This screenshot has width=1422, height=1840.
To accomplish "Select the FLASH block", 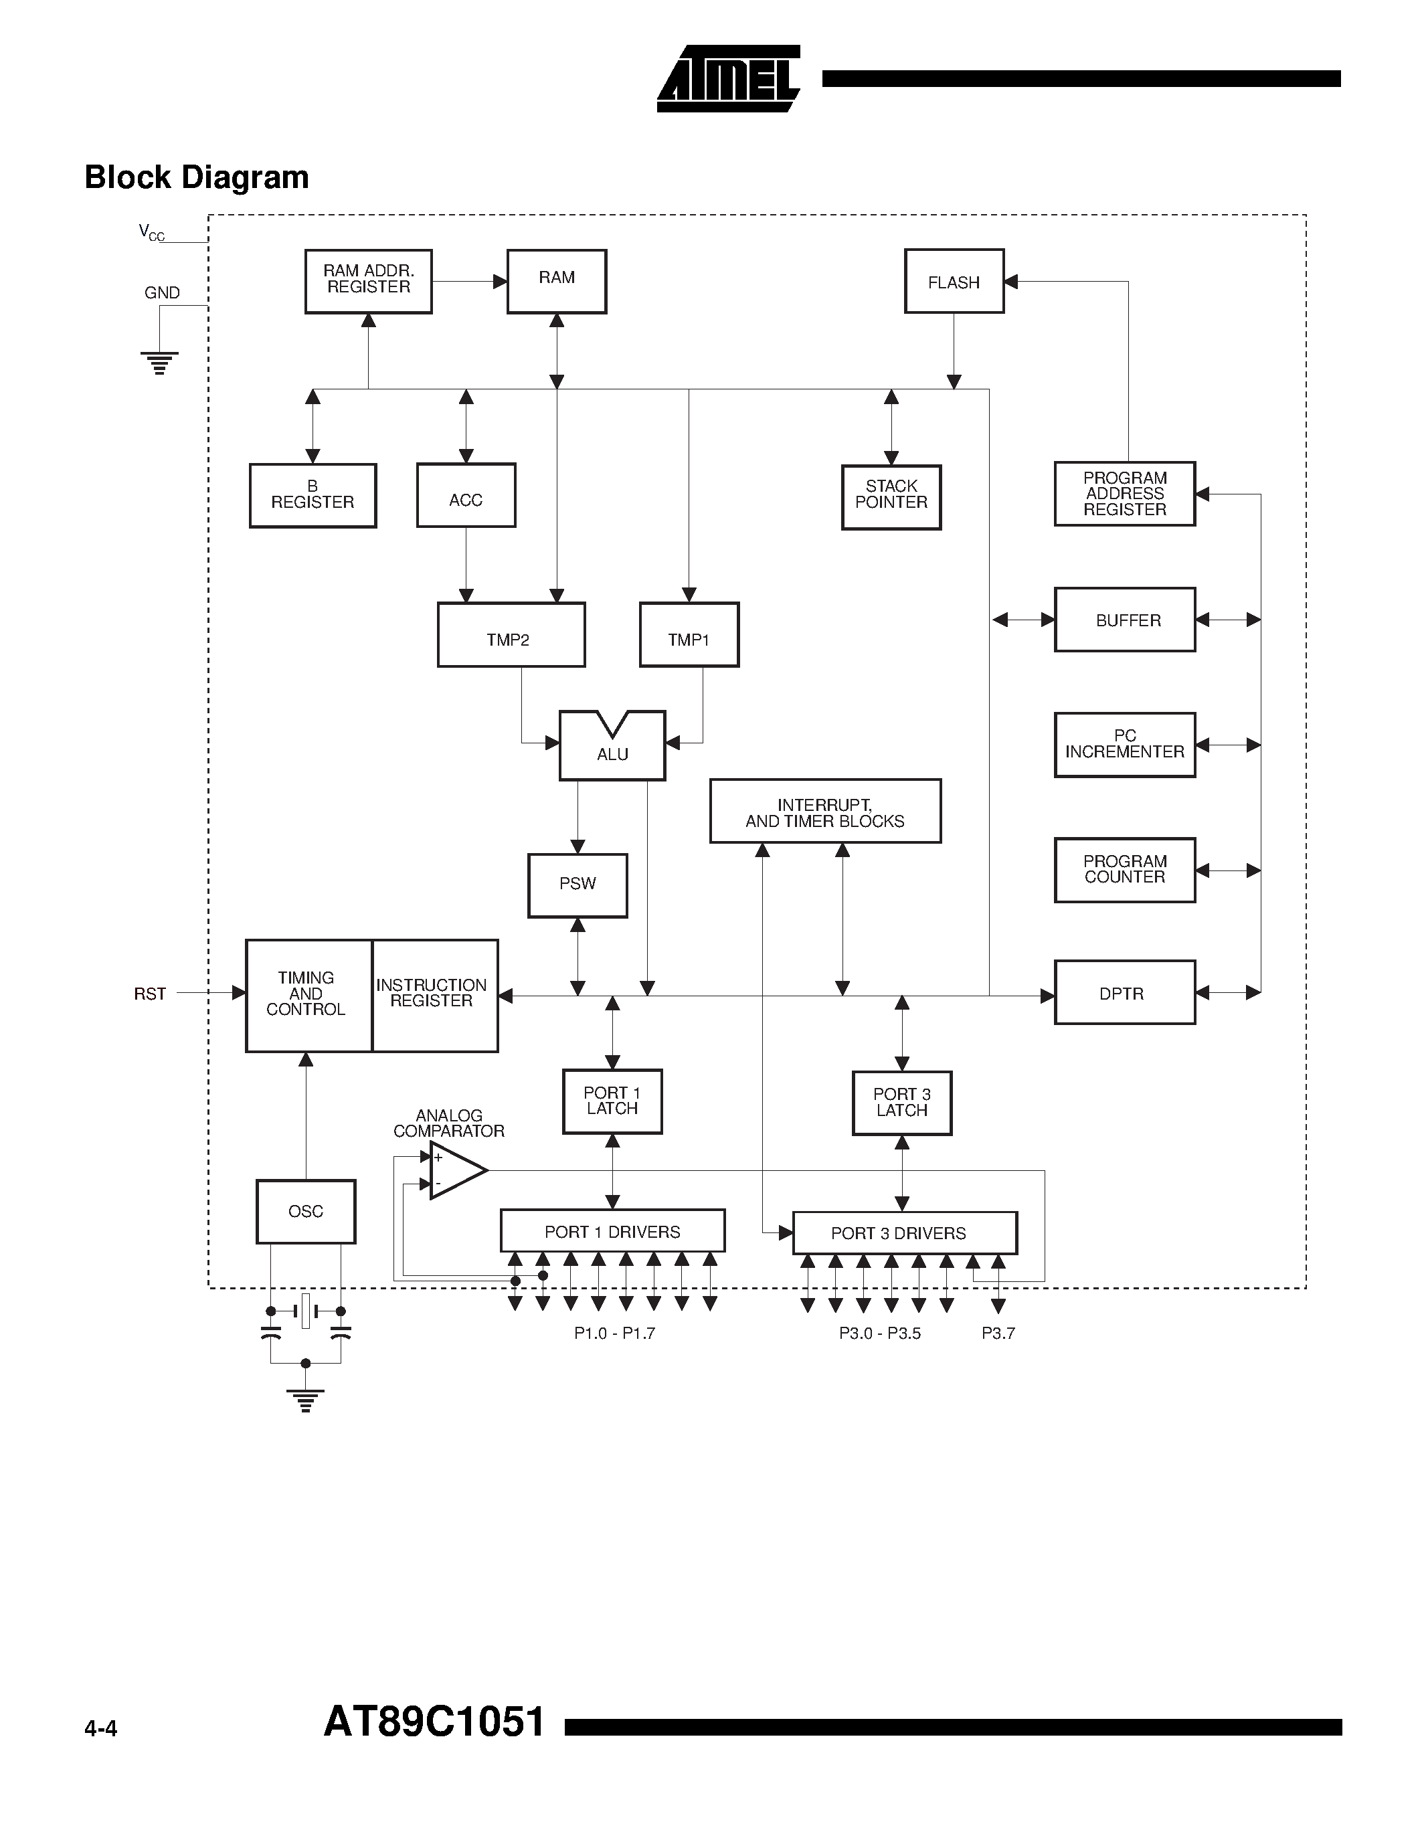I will pyautogui.click(x=954, y=282).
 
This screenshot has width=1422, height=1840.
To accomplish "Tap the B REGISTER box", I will pyautogui.click(x=313, y=495).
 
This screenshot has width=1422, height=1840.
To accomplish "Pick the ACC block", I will pyautogui.click(x=466, y=495).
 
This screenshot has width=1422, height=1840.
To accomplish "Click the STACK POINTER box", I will pyautogui.click(x=891, y=497).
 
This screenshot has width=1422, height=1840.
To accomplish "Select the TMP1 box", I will pyautogui.click(x=689, y=634).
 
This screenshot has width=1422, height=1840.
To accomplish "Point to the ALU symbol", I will pyautogui.click(x=612, y=747).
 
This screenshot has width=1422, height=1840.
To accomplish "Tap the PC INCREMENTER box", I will pyautogui.click(x=1125, y=745).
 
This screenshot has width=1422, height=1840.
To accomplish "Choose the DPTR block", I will pyautogui.click(x=1125, y=992).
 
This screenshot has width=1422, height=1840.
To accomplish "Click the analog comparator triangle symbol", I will pyautogui.click(x=456, y=1170).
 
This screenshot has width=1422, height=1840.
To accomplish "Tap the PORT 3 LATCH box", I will pyautogui.click(x=901, y=1103).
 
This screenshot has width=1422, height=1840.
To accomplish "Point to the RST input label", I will pyautogui.click(x=150, y=994).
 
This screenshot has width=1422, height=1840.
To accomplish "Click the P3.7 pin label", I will pyautogui.click(x=998, y=1333).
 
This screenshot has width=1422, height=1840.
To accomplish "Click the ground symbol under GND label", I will pyautogui.click(x=159, y=362).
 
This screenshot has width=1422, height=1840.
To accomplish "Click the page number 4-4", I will pyautogui.click(x=101, y=1730).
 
